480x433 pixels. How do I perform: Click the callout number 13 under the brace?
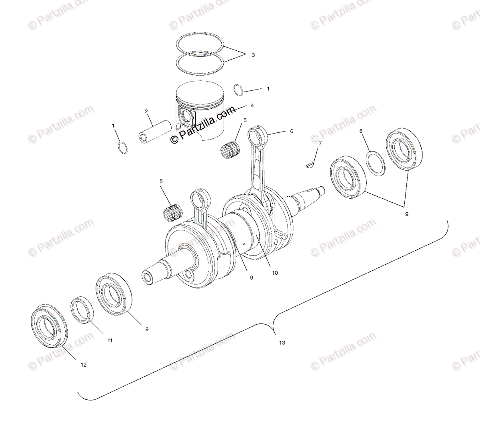tap(282, 343)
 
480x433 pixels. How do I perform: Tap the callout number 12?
tap(84, 365)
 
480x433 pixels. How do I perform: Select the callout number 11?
tap(110, 341)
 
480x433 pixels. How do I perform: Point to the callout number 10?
tap(275, 273)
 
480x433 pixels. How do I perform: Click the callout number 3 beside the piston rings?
tap(253, 55)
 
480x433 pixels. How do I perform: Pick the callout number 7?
tap(320, 143)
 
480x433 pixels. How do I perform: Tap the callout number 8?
tap(361, 131)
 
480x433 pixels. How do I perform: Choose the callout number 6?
tap(292, 131)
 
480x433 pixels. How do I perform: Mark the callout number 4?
tap(252, 106)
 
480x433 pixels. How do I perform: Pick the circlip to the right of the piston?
tap(239, 91)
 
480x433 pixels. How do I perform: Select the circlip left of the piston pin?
tap(123, 147)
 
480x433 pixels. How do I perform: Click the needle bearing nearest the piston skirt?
tap(230, 150)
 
